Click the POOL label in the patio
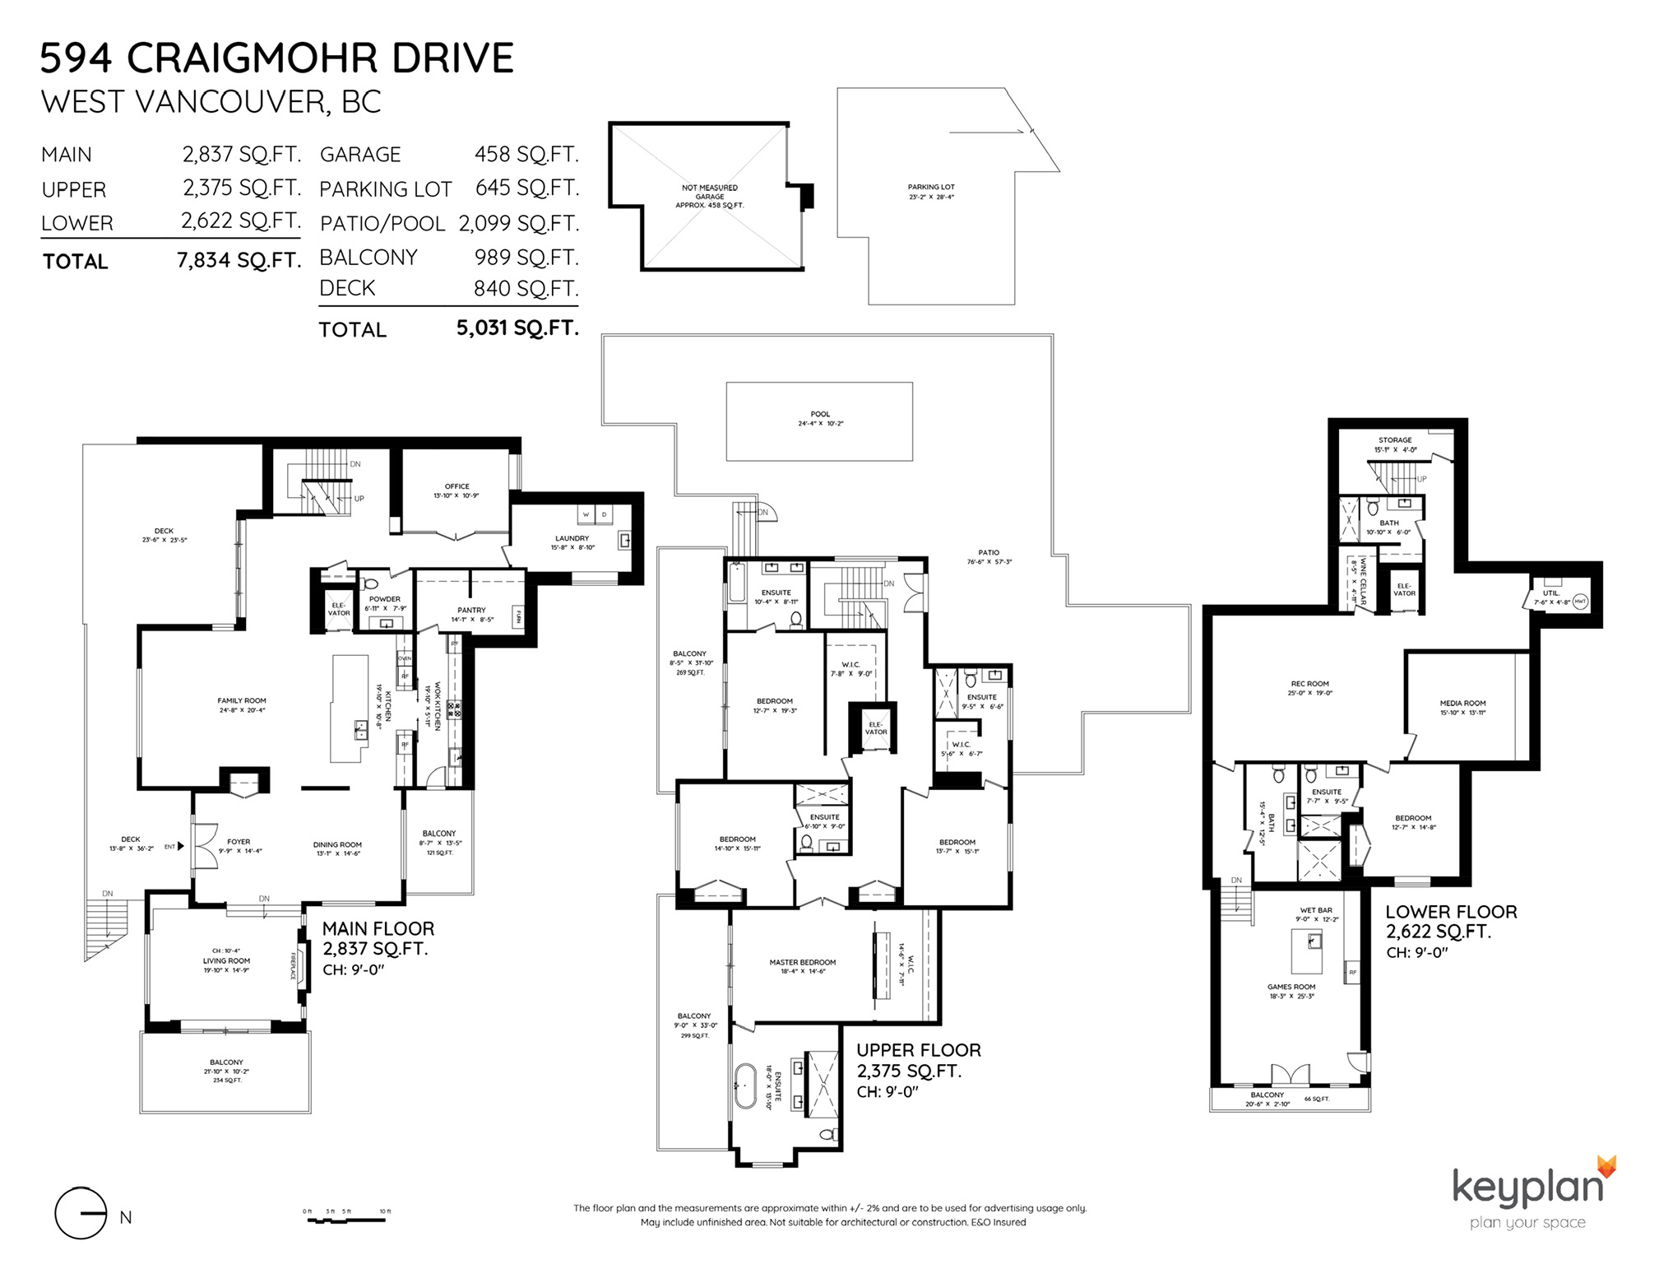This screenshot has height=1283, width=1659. [x=819, y=415]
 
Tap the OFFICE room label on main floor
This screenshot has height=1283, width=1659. [x=456, y=486]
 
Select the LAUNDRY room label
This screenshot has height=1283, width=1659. [x=572, y=538]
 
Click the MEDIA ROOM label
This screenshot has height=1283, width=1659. [x=1462, y=704]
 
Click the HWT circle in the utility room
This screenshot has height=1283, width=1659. [x=1579, y=602]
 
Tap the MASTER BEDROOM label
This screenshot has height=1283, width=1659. [x=802, y=962]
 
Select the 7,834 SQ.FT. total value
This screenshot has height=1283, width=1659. [x=239, y=261]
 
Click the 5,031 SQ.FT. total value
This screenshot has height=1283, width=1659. [x=517, y=328]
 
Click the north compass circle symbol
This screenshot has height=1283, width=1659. [x=80, y=1213]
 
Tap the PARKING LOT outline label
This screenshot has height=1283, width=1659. [x=931, y=187]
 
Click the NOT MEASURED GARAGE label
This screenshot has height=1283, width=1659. [x=709, y=192]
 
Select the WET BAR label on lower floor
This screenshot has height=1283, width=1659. [x=1316, y=910]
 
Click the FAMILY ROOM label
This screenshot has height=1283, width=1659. [x=242, y=700]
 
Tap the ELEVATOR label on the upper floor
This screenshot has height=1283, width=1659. [x=875, y=728]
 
